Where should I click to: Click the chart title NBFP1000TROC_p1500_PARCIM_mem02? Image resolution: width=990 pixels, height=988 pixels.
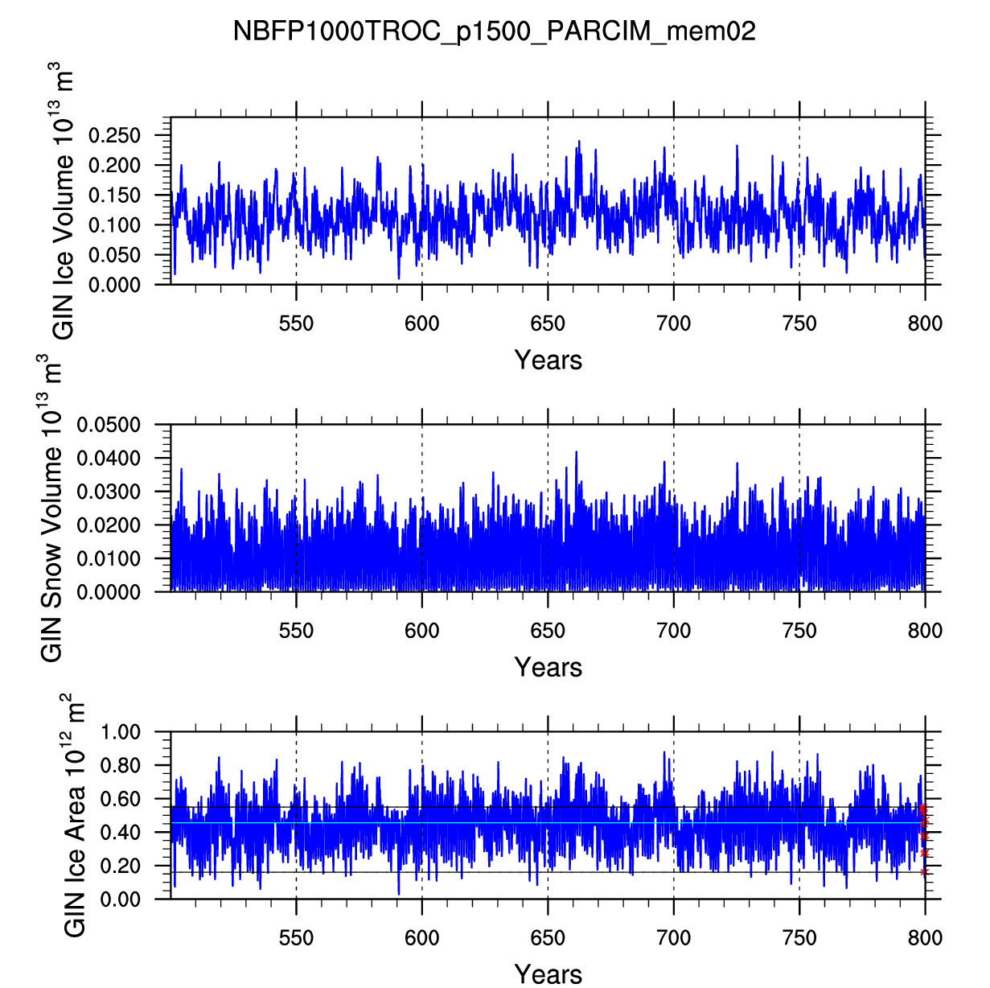click(x=495, y=31)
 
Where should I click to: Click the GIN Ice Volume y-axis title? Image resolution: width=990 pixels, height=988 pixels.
click(x=63, y=201)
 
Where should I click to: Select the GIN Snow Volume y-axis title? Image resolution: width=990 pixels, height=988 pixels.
click(x=51, y=508)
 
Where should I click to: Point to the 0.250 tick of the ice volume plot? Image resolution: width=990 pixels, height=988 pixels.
click(x=114, y=135)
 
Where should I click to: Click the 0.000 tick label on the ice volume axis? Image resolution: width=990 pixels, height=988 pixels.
click(x=114, y=285)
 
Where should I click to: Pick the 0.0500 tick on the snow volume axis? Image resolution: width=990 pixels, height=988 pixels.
click(x=109, y=425)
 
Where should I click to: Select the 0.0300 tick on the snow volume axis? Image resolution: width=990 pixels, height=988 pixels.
click(x=109, y=492)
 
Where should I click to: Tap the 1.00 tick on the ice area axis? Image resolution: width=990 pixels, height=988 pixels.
click(x=121, y=732)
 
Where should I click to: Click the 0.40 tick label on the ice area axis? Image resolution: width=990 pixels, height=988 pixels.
click(x=121, y=833)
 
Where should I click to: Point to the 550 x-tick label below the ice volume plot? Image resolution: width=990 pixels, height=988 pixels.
click(x=296, y=324)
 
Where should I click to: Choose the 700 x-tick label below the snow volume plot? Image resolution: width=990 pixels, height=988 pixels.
click(x=673, y=632)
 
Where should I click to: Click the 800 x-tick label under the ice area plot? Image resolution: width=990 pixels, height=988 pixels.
click(x=925, y=939)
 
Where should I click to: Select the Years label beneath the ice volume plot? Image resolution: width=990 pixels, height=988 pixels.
click(x=548, y=360)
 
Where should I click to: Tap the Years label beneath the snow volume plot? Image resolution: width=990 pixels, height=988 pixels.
click(x=548, y=667)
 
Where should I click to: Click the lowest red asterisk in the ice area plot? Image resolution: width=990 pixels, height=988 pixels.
click(x=924, y=871)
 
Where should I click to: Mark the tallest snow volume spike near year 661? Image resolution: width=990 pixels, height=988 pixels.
click(x=576, y=452)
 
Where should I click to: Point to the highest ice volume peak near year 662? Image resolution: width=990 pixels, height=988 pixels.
click(x=578, y=141)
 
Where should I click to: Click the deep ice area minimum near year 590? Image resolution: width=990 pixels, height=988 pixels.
click(x=398, y=894)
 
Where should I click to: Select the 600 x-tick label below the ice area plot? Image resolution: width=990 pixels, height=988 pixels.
click(x=421, y=939)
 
